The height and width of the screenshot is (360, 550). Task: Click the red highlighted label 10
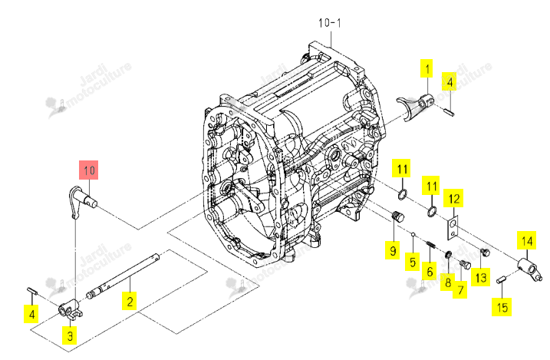click(89, 170)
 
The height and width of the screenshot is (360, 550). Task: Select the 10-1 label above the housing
click(329, 23)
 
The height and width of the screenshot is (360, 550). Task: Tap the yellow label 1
click(426, 68)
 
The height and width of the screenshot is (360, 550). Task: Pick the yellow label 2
click(130, 301)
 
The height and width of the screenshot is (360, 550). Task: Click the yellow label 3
click(70, 335)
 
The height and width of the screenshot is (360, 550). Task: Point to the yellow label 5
click(413, 262)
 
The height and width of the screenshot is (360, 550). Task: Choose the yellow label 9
click(393, 250)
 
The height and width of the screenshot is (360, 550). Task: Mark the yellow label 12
click(453, 199)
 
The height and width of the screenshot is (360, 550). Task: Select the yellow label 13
click(480, 277)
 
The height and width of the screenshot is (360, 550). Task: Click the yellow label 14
click(526, 240)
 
